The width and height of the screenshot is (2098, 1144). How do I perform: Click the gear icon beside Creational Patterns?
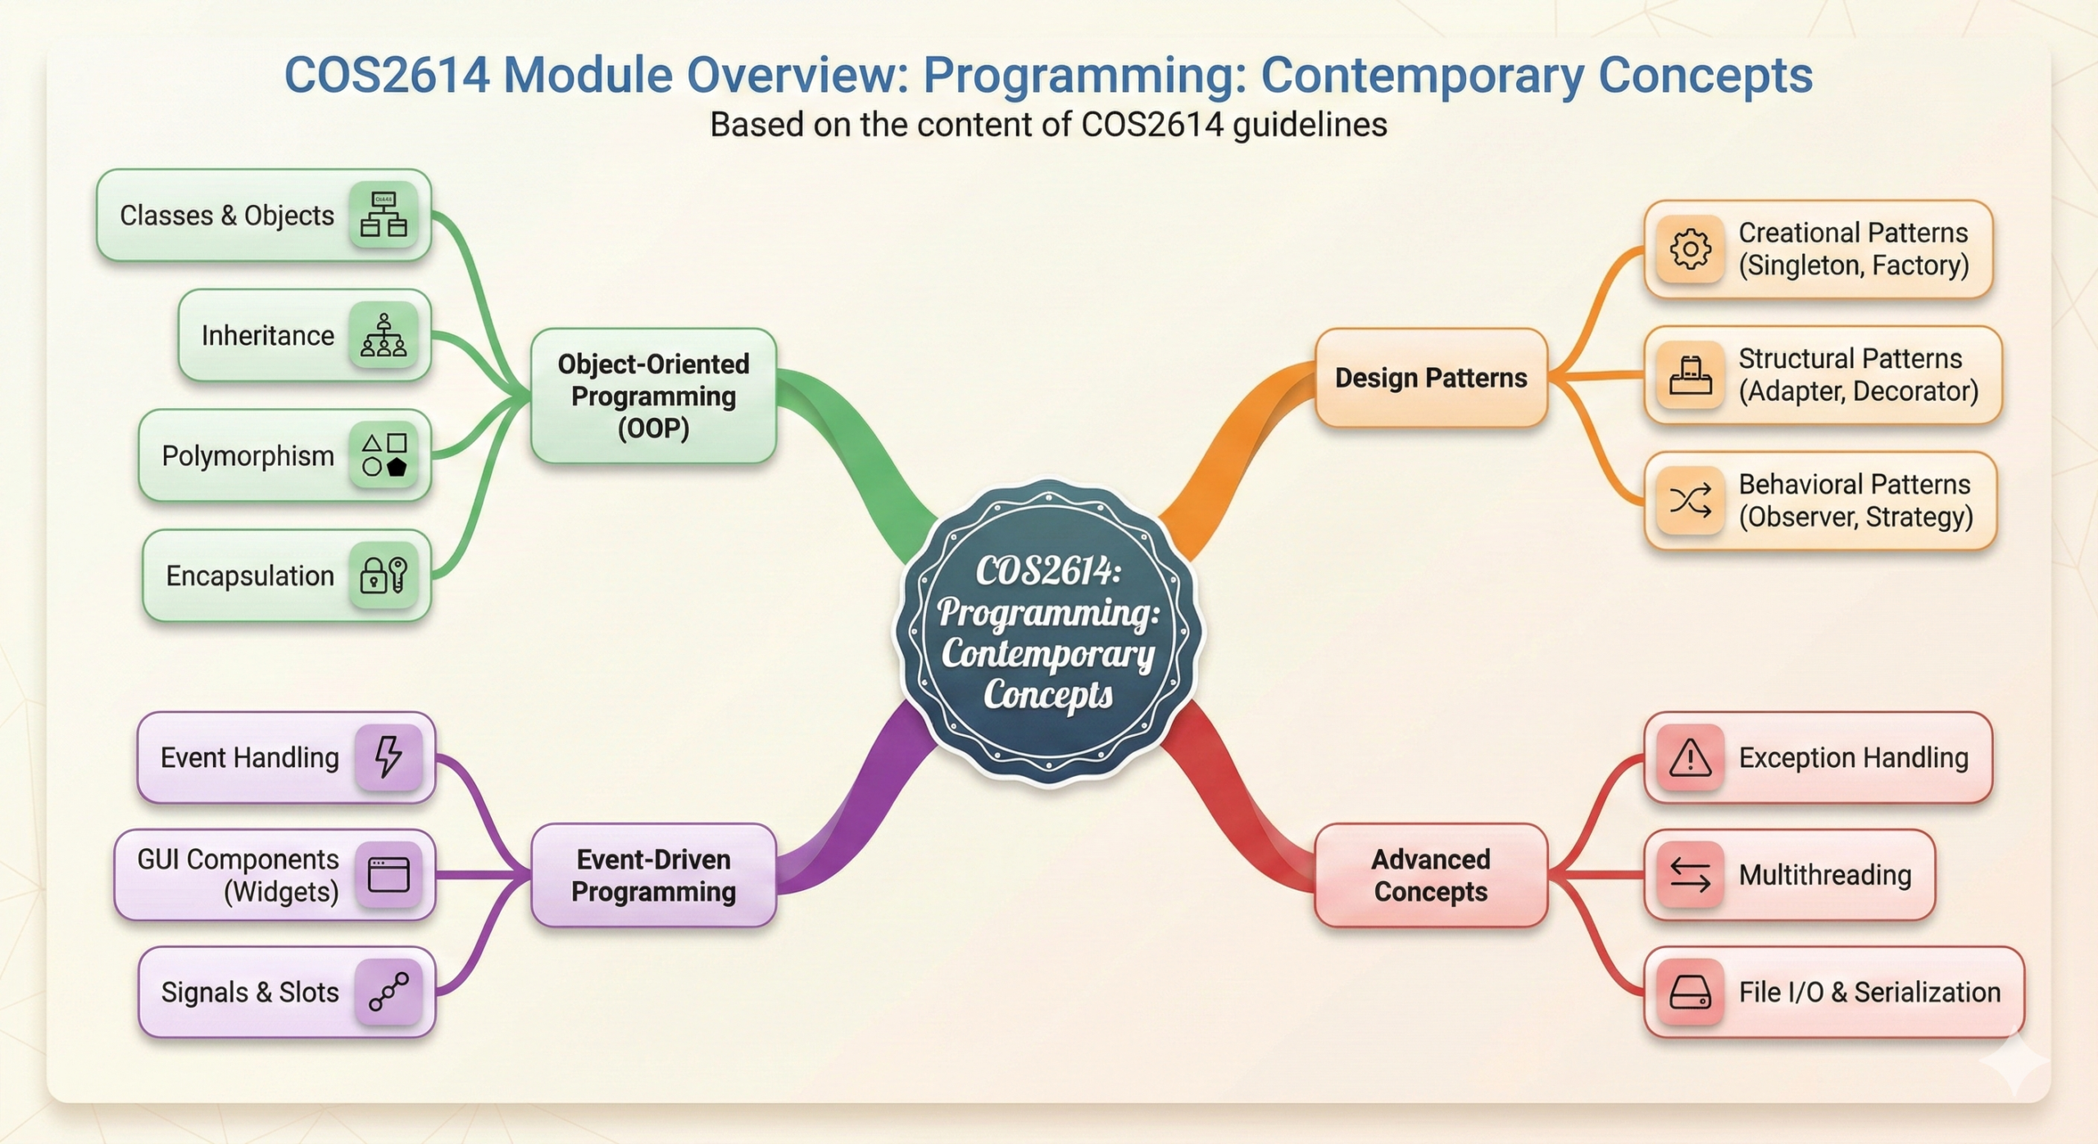pyautogui.click(x=1690, y=249)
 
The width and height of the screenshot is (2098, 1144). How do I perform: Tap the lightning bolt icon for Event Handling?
pyautogui.click(x=388, y=756)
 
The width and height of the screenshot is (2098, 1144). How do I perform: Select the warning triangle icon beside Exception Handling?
pyautogui.click(x=1690, y=757)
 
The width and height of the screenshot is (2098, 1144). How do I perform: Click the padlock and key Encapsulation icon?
pyautogui.click(x=384, y=575)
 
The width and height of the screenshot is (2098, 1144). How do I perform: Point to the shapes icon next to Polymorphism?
pyautogui.click(x=384, y=455)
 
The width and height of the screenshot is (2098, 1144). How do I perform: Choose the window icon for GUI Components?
pyautogui.click(x=388, y=874)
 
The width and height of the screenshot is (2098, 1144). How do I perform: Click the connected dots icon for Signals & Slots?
pyautogui.click(x=388, y=992)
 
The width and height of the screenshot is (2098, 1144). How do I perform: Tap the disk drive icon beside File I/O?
pyautogui.click(x=1690, y=992)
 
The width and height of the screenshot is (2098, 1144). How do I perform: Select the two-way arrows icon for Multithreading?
pyautogui.click(x=1690, y=875)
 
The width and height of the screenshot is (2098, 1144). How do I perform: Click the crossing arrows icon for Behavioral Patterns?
pyautogui.click(x=1690, y=500)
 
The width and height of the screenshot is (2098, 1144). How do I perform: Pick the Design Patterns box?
pyautogui.click(x=1431, y=378)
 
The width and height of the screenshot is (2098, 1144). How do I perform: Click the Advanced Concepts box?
pyautogui.click(x=1431, y=875)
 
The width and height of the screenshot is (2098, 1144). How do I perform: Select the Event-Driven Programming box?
pyautogui.click(x=653, y=875)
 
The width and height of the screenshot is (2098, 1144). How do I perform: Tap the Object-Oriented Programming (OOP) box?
pyautogui.click(x=653, y=396)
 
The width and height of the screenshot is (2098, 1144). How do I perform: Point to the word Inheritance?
pyautogui.click(x=268, y=335)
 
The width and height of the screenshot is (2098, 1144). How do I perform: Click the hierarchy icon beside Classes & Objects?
pyautogui.click(x=384, y=215)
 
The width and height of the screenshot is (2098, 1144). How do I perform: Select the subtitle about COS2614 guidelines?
pyautogui.click(x=1048, y=125)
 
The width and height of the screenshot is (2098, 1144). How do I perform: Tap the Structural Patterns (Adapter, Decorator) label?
pyautogui.click(x=1859, y=375)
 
